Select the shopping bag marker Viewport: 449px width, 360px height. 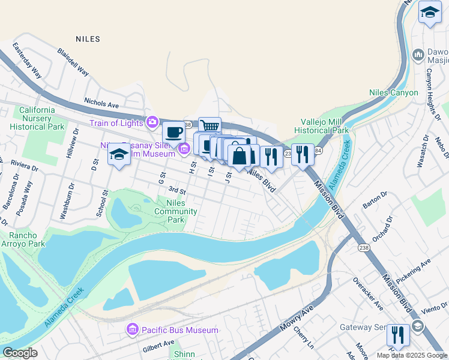pos(239,155)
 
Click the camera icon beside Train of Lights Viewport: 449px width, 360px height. pos(152,123)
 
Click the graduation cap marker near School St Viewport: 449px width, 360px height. pos(119,155)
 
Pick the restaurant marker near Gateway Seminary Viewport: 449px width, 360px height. pos(398,333)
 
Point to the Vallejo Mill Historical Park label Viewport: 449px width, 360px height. pos(324,125)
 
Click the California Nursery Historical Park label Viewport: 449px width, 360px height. pos(41,118)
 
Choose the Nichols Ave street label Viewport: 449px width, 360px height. pos(101,103)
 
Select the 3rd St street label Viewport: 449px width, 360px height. pos(177,191)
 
